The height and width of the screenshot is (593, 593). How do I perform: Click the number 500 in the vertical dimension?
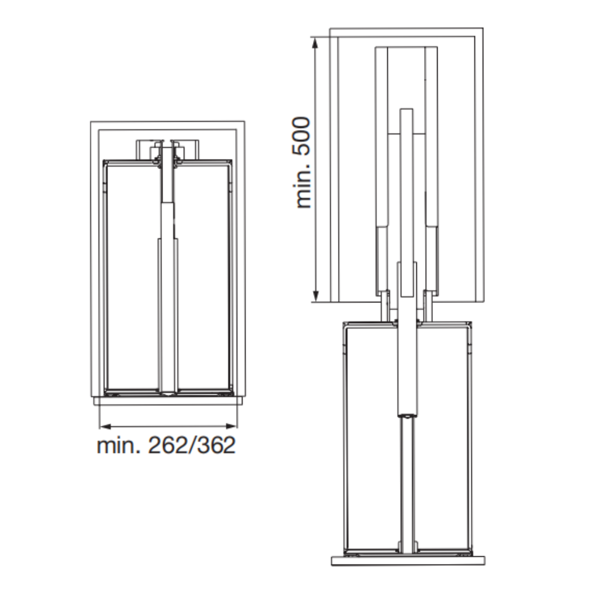point(301,136)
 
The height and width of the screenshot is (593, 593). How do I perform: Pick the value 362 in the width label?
point(216,445)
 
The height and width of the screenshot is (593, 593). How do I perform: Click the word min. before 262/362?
point(119,445)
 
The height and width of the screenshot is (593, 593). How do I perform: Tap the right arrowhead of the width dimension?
point(231,426)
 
